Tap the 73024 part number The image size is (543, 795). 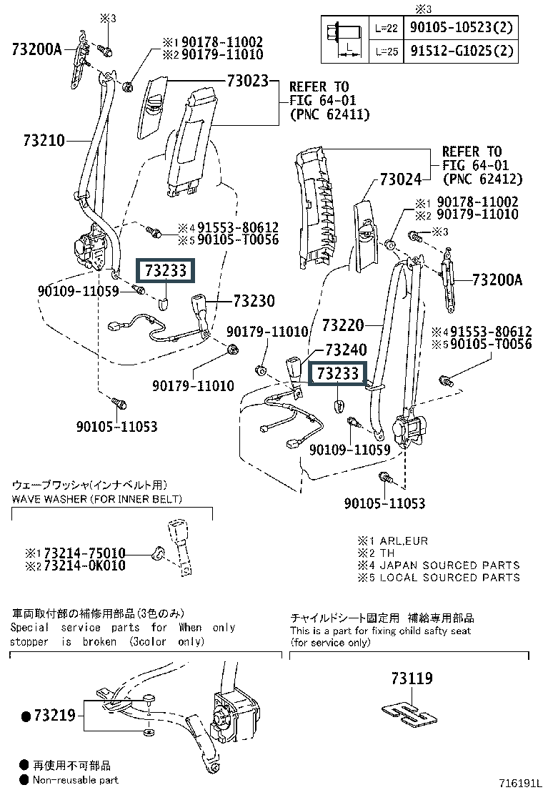[x=402, y=179]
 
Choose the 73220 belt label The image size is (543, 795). [x=343, y=325]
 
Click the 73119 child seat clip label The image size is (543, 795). [x=412, y=678]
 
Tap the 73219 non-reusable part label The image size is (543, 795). [x=54, y=715]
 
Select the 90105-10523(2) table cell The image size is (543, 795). [x=461, y=29]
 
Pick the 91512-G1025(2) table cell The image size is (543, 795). [x=461, y=51]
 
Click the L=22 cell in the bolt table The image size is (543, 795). [x=387, y=29]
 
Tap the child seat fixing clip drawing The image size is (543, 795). [x=407, y=709]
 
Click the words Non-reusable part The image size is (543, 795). [x=75, y=780]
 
